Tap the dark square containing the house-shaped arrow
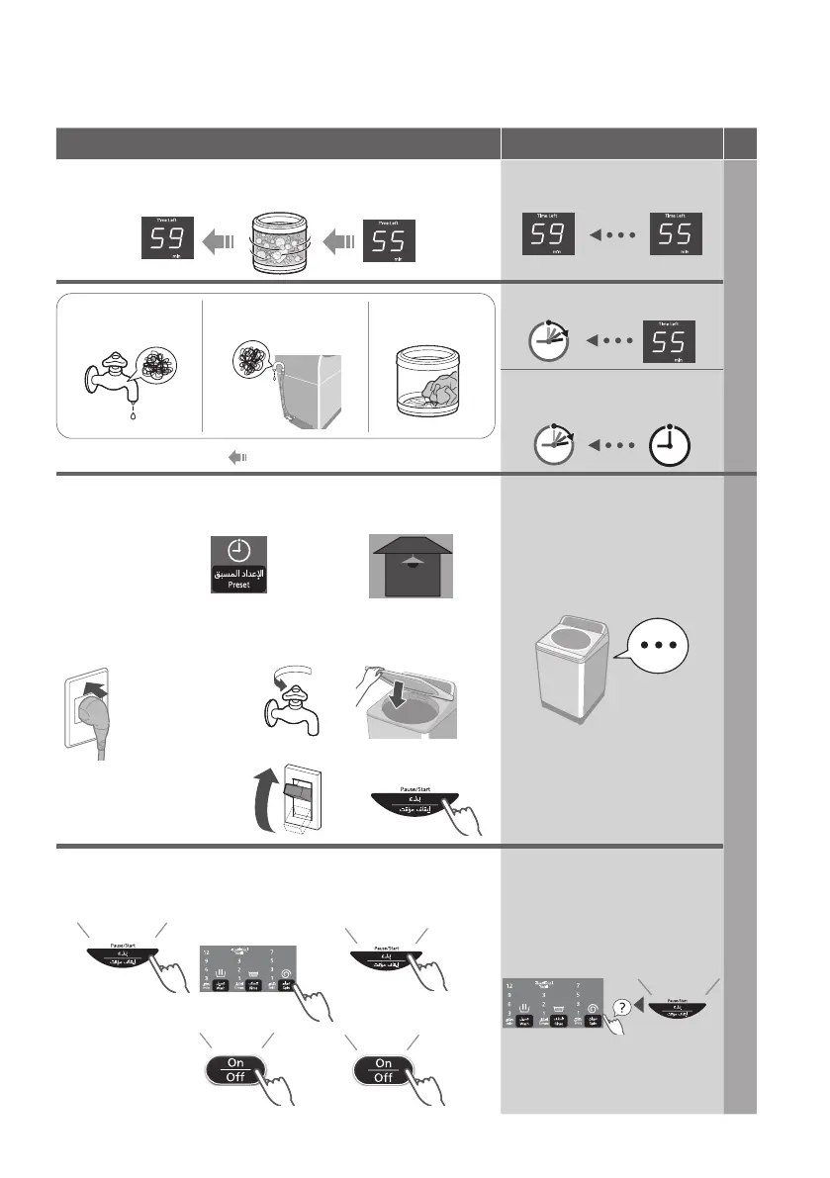tap(410, 565)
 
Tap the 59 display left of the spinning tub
tap(167, 239)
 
